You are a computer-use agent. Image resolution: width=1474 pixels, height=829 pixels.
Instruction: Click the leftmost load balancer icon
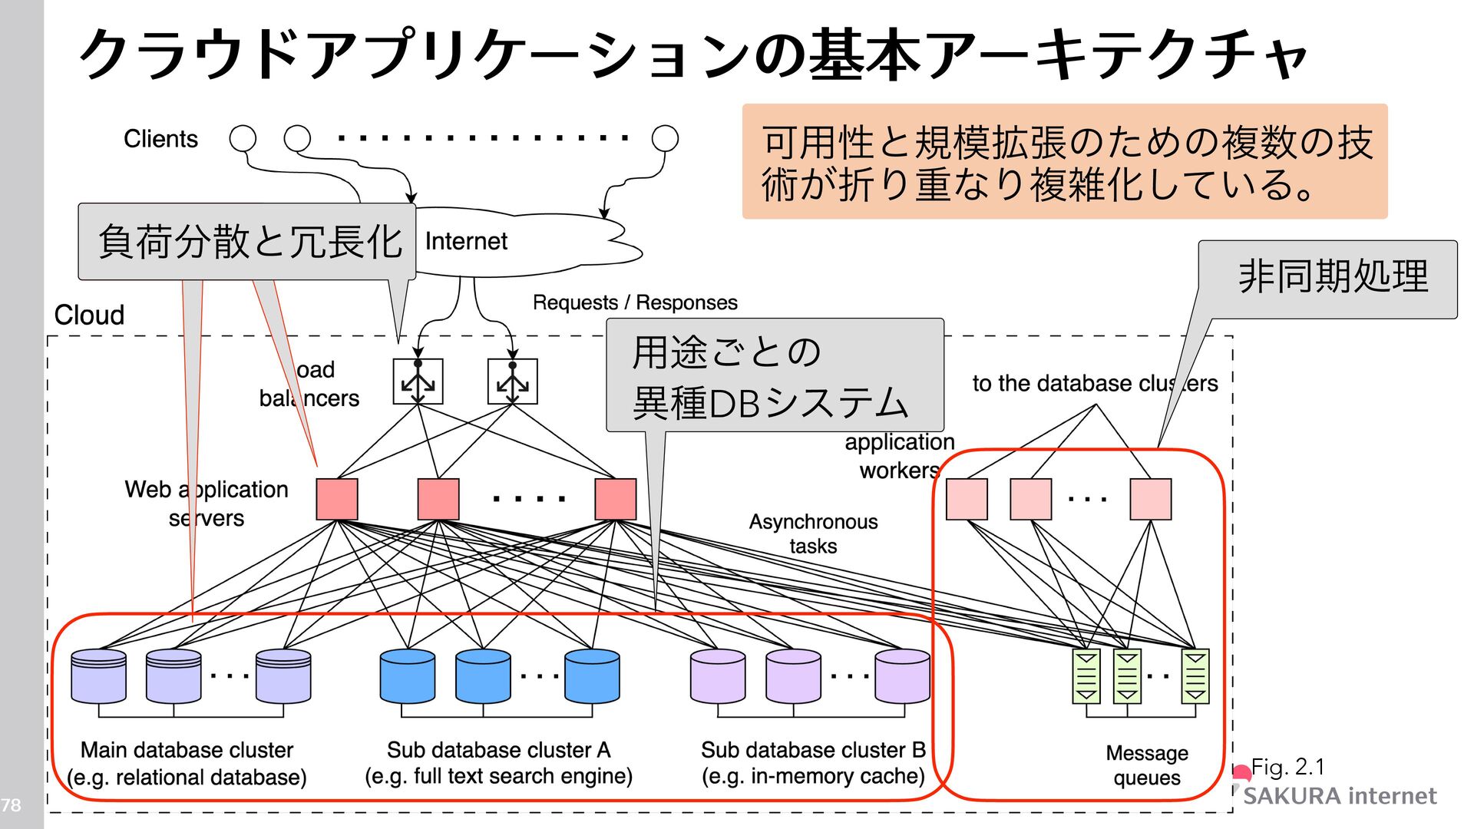pos(418,381)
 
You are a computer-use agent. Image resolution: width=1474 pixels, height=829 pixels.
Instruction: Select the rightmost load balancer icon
pos(512,381)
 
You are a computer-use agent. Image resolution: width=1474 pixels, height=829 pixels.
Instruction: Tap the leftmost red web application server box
pos(337,499)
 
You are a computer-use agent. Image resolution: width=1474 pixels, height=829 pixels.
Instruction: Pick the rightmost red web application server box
pos(615,499)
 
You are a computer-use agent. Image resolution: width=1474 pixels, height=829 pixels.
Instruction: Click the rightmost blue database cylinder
pos(592,676)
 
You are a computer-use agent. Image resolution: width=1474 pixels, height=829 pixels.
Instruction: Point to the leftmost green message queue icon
pos(1086,676)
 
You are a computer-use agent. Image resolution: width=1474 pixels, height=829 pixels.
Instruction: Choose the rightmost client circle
pos(665,139)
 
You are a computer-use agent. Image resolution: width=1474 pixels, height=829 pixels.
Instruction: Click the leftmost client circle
pos(243,139)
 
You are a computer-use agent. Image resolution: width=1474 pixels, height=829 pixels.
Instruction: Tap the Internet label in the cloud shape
pos(466,242)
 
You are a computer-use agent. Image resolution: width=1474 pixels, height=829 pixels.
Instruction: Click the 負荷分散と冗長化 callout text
pos(250,242)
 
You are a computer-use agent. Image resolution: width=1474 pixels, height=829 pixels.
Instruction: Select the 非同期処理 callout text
pos(1333,276)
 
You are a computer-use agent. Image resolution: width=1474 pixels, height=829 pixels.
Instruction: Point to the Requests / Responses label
pos(635,302)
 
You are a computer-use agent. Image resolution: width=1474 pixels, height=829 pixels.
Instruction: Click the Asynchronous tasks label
pos(813,533)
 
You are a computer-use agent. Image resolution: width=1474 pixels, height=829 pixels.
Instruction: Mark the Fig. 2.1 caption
pos(1287,767)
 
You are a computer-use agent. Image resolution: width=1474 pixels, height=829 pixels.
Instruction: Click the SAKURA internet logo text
pos(1339,796)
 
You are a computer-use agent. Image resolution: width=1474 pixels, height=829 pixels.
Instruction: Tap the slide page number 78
pos(11,805)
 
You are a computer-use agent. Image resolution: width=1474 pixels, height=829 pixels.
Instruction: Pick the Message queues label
pos(1147,765)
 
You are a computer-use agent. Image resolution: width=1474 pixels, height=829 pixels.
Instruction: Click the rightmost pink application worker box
pos(1150,499)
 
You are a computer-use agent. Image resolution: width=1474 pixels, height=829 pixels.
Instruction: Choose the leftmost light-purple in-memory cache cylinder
pos(718,676)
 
